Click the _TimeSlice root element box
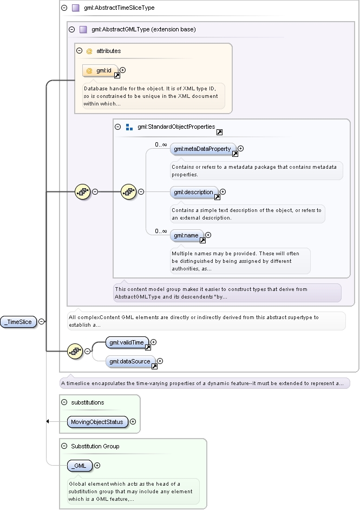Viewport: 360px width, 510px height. (x=18, y=322)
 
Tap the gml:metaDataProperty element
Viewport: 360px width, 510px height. (x=202, y=149)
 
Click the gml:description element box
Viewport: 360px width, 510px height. (x=194, y=192)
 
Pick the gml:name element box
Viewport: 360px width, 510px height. (x=187, y=235)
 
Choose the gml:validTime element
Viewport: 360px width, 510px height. (x=127, y=342)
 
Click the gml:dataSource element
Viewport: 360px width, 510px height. (x=130, y=361)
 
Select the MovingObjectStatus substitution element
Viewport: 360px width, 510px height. (x=97, y=422)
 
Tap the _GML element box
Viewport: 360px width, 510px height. (x=80, y=466)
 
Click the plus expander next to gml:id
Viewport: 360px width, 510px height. (x=123, y=70)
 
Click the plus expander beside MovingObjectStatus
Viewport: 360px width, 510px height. (x=133, y=421)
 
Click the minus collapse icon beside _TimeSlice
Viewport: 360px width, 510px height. (x=41, y=322)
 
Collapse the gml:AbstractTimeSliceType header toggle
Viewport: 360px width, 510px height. (x=64, y=8)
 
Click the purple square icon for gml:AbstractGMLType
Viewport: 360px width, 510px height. (x=83, y=30)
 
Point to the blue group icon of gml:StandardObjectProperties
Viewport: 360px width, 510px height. (x=129, y=127)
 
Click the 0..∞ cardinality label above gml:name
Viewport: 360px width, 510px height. (x=161, y=231)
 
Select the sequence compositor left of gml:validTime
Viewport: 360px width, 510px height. (x=75, y=352)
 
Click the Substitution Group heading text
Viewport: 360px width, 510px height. (x=95, y=446)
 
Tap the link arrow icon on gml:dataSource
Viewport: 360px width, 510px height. (x=155, y=367)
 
